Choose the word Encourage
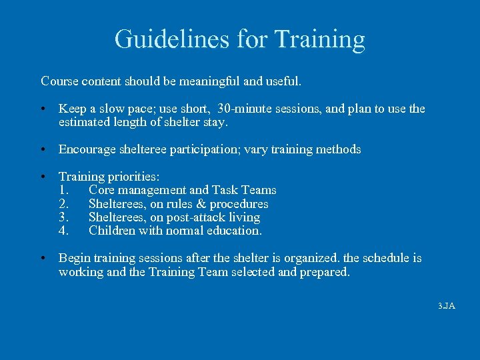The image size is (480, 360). coord(87,149)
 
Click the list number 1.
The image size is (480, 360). coord(63,190)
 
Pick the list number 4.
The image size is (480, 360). coord(63,231)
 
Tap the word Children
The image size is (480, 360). coord(113,231)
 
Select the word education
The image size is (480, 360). coord(235,231)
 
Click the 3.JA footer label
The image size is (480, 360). coord(446,306)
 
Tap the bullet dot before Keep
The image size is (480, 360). coord(43,109)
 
